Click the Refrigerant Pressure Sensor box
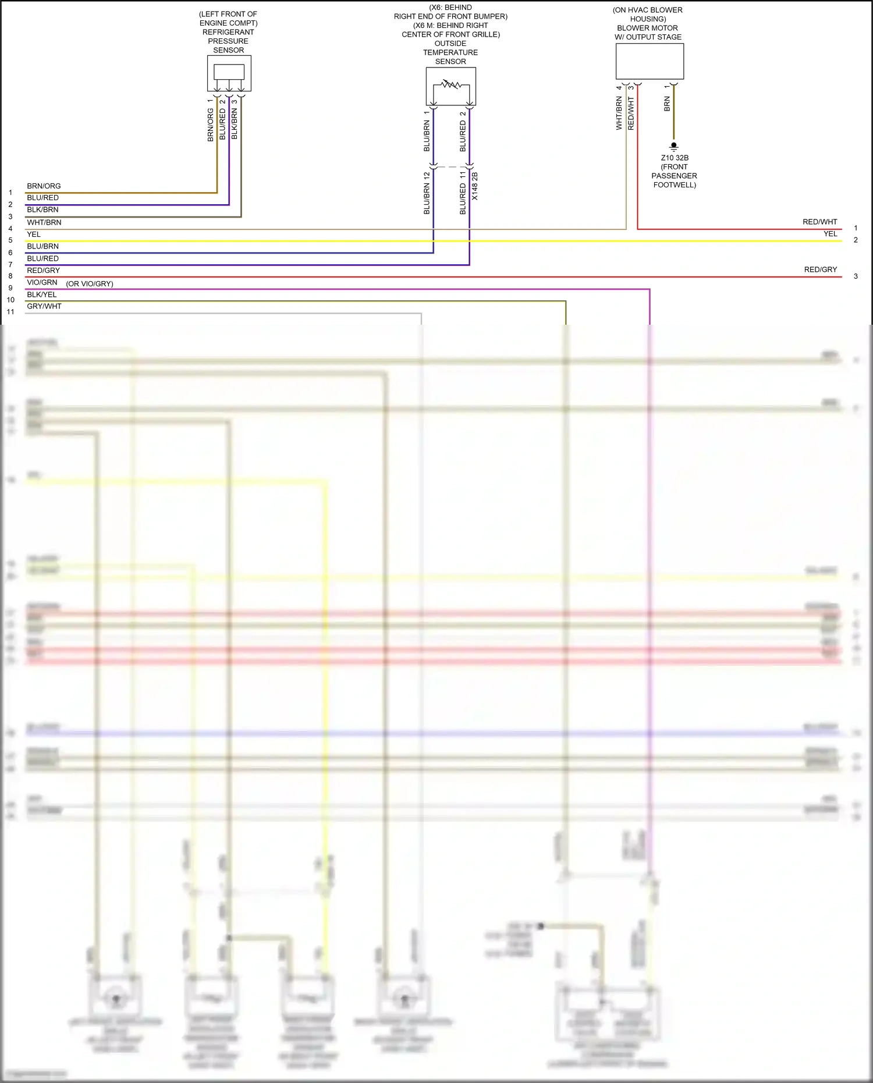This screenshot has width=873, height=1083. [229, 73]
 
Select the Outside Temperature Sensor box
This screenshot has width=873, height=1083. [450, 86]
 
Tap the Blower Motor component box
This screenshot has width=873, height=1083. [650, 61]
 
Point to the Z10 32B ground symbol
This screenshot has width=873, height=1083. [674, 146]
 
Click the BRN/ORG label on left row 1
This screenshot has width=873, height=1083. [44, 186]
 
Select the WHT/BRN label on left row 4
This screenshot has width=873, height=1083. [44, 222]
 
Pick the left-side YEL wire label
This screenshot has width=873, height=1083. [34, 235]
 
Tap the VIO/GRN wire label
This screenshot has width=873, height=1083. [42, 282]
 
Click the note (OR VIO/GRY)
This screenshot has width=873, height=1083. [90, 283]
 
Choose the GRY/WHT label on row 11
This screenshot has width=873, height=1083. [44, 306]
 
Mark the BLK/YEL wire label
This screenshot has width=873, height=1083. [42, 294]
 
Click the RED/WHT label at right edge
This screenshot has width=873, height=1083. [819, 222]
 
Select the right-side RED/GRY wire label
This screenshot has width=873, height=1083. [820, 269]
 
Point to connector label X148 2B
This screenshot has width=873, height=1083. [475, 186]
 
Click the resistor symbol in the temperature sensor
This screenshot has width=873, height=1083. [450, 85]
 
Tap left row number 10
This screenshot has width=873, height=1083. [10, 300]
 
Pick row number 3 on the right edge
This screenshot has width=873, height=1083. [856, 276]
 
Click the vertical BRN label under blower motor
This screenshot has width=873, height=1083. [667, 104]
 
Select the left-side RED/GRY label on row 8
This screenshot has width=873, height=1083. [43, 270]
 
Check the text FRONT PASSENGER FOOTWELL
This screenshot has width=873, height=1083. [674, 176]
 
